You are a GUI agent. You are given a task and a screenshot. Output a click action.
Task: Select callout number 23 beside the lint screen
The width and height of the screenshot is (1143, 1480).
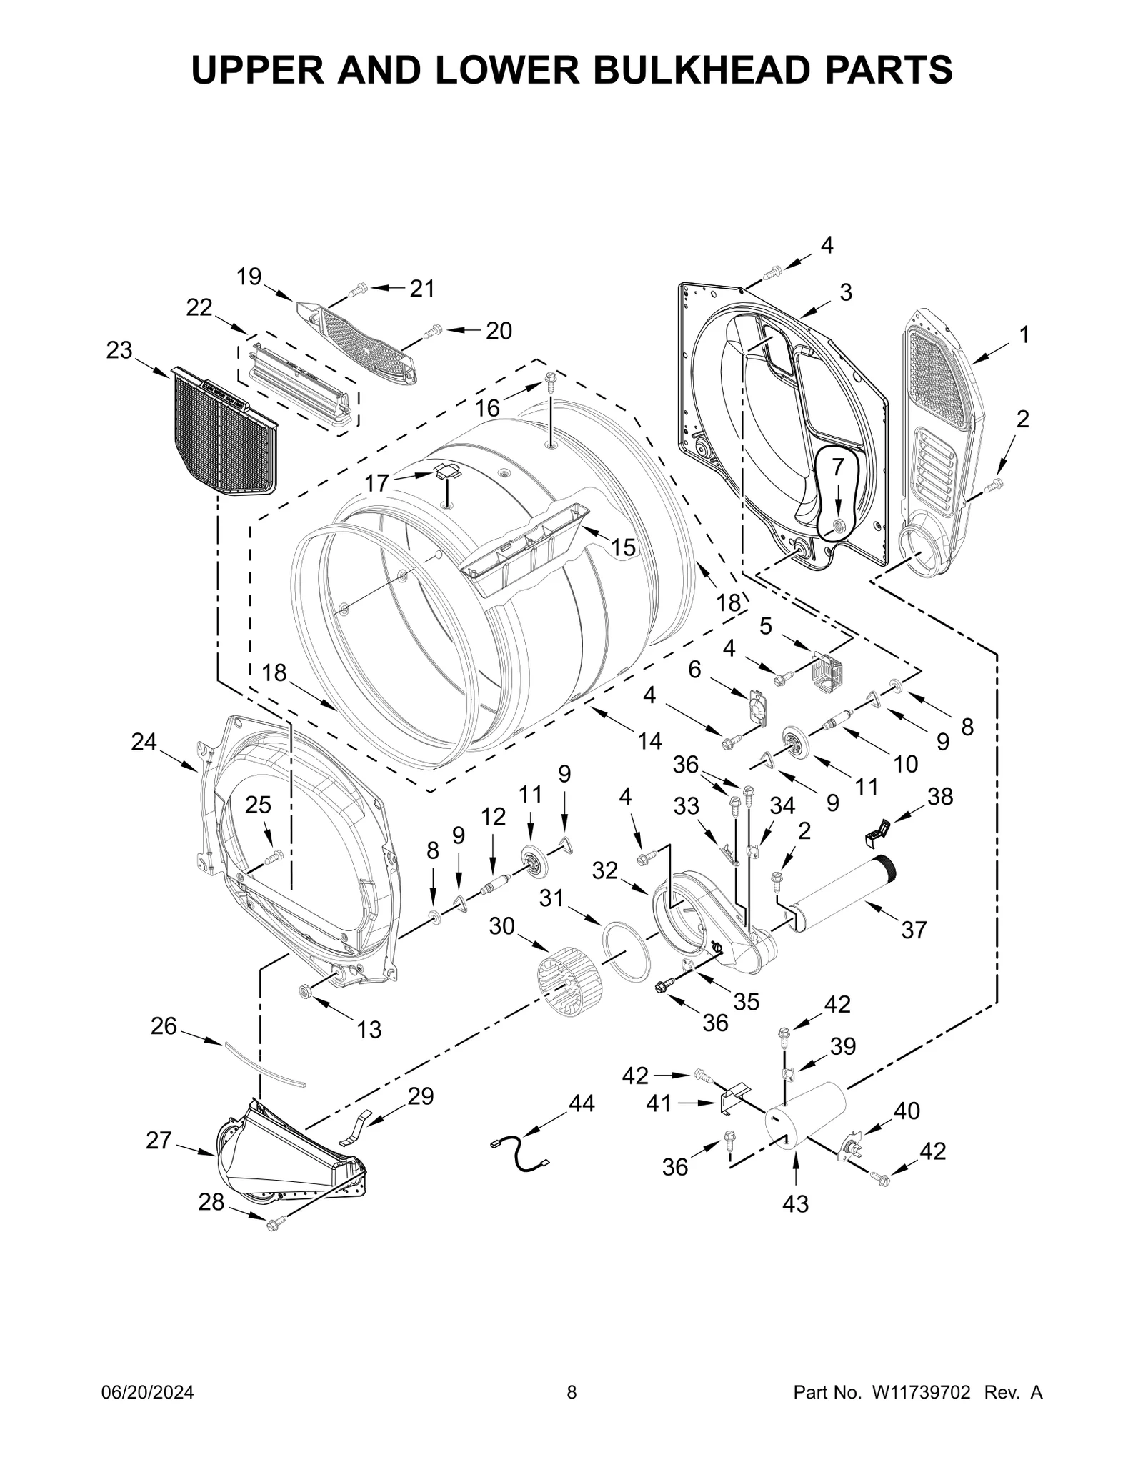click(119, 350)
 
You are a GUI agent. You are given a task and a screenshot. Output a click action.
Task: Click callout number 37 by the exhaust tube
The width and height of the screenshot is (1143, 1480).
click(914, 930)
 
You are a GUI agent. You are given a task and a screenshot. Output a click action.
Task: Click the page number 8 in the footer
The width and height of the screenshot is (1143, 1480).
click(571, 1407)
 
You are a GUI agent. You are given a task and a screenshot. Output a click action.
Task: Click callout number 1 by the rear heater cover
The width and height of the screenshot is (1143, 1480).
click(1024, 334)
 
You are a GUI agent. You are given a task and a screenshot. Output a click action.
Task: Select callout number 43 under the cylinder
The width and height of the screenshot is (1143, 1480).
click(795, 1203)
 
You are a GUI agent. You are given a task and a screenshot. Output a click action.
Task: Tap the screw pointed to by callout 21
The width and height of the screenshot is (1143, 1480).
click(357, 290)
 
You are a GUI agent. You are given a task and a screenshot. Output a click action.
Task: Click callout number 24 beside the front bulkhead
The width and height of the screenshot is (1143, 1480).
click(144, 743)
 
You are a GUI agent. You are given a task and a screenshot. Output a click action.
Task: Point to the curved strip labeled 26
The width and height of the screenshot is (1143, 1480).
click(264, 1065)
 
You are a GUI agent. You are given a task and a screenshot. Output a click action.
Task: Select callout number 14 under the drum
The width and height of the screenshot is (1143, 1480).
click(649, 740)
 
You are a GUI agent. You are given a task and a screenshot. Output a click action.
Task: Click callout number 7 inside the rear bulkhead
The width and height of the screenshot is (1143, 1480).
click(838, 466)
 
